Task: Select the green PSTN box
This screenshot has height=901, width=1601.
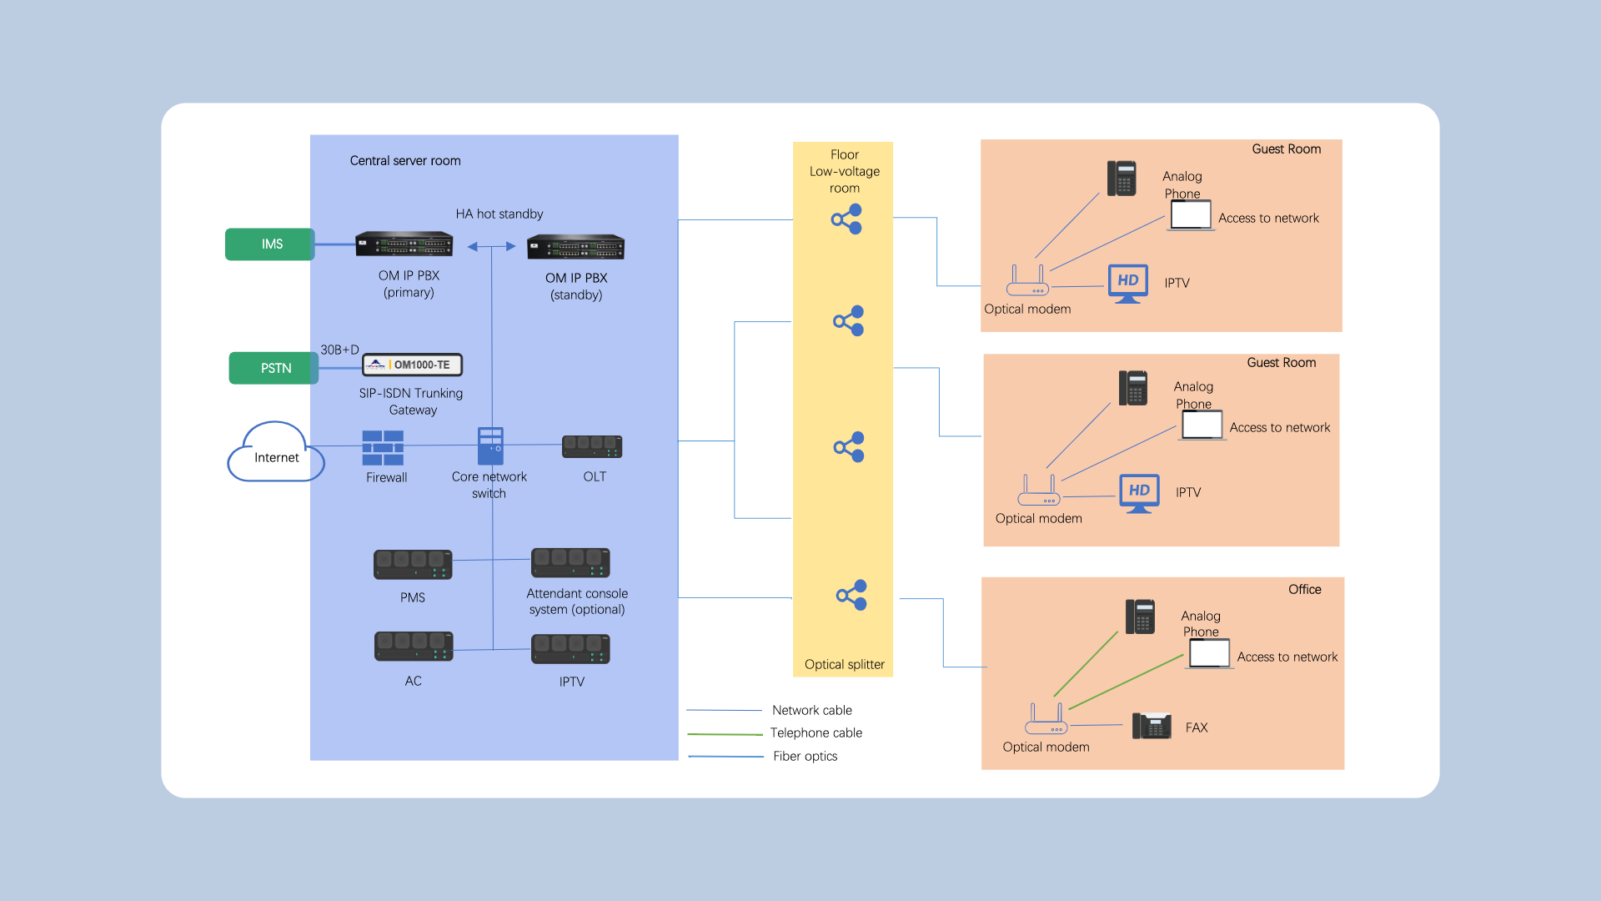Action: coord(274,368)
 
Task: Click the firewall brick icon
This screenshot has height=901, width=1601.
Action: coord(383,448)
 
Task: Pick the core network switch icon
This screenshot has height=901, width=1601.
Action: coord(490,445)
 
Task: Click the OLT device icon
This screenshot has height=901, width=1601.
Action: coord(592,447)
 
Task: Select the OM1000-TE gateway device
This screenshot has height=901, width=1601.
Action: coord(413,365)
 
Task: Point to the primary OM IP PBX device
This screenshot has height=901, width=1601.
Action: coord(404,244)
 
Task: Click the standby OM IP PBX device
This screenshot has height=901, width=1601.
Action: coord(575,247)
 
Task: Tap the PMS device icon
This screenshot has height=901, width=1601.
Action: coord(413,565)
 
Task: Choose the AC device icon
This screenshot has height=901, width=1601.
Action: coord(414,647)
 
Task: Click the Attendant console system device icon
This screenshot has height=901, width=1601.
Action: coord(570,563)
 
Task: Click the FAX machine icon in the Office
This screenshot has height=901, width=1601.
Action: coord(1152,726)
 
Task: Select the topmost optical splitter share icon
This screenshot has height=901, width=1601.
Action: coord(846,219)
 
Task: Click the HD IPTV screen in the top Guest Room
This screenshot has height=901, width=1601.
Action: coord(1127,283)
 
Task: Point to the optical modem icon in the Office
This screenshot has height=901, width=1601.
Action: coord(1046,719)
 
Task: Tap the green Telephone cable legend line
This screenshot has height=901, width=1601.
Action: coord(725,734)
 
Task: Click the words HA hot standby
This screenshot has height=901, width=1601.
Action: coord(499,214)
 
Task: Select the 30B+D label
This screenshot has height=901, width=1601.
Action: coord(339,350)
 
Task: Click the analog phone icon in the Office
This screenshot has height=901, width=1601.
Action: coord(1140,617)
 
